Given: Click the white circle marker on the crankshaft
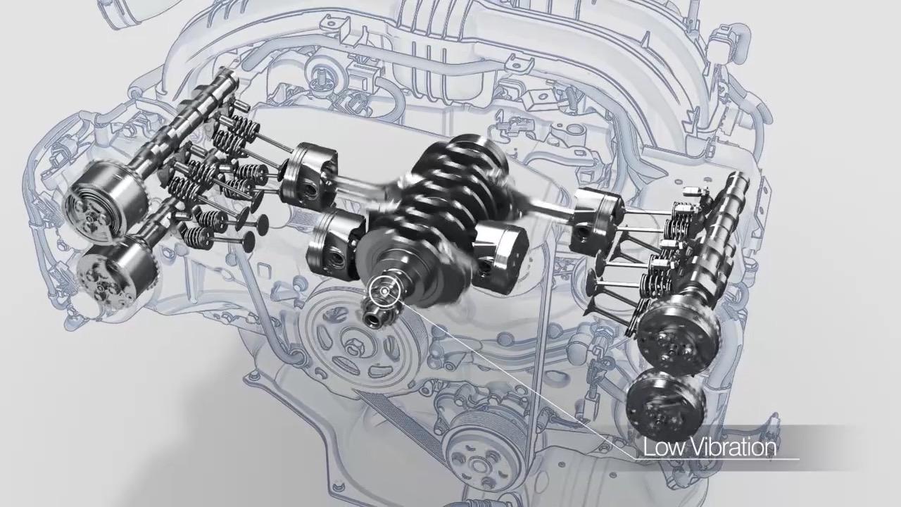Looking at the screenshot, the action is (x=384, y=291).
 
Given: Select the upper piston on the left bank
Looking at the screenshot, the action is (x=308, y=176).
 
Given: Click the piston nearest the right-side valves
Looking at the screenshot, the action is (x=596, y=222).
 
